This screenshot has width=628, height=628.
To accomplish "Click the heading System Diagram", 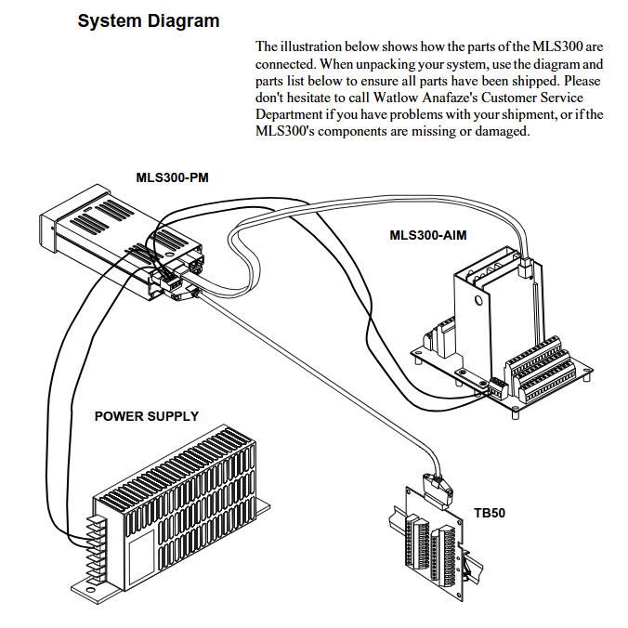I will pyautogui.click(x=150, y=20).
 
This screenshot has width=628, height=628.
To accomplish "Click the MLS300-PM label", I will pyautogui.click(x=173, y=177).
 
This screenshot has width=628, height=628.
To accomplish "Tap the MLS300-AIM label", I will pyautogui.click(x=428, y=235).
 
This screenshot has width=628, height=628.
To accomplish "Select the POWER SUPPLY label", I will pyautogui.click(x=147, y=416).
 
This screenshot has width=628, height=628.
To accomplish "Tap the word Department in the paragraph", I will pyautogui.click(x=291, y=114).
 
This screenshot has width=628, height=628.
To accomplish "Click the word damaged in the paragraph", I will pyautogui.click(x=502, y=131).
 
